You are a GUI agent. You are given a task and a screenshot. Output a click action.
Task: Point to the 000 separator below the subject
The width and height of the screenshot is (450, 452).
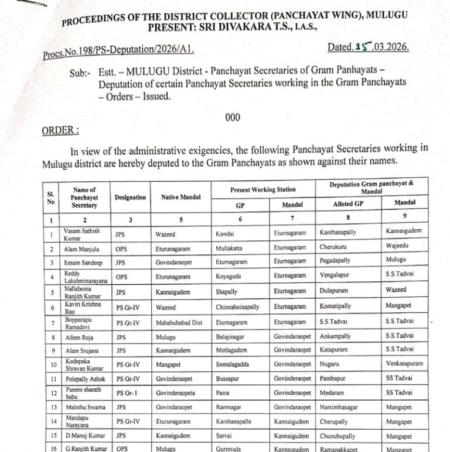(233, 118)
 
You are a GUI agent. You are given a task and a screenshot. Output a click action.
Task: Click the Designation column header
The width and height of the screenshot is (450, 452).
(130, 198)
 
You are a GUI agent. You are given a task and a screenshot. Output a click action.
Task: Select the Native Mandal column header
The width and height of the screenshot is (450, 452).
(178, 198)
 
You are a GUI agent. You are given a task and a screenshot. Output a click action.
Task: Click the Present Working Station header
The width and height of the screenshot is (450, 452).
(262, 189)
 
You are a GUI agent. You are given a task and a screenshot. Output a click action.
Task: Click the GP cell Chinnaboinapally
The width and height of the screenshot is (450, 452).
(237, 306)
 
